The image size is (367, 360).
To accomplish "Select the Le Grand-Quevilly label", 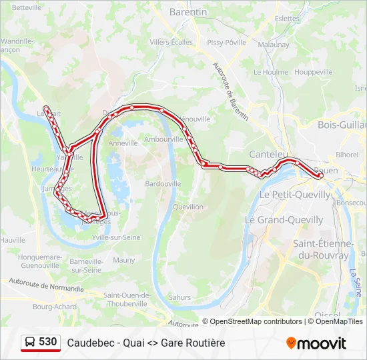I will [x=284, y=219].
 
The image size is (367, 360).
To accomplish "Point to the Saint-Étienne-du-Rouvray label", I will [x=322, y=249].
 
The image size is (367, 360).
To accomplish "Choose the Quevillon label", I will [x=188, y=207].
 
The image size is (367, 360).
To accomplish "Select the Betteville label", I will [x=27, y=7].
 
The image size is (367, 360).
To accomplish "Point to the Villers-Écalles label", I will [x=171, y=42].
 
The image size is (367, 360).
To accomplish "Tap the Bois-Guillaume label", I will [x=342, y=125].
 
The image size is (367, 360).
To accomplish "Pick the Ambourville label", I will [x=163, y=140].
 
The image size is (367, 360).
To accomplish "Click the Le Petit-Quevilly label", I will [x=294, y=195].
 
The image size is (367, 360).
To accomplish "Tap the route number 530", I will [x=48, y=342].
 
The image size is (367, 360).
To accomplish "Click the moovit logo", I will [x=316, y=343].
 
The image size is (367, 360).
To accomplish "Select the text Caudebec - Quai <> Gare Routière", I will [x=145, y=343].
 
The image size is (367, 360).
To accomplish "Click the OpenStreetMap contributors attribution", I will [x=256, y=321].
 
